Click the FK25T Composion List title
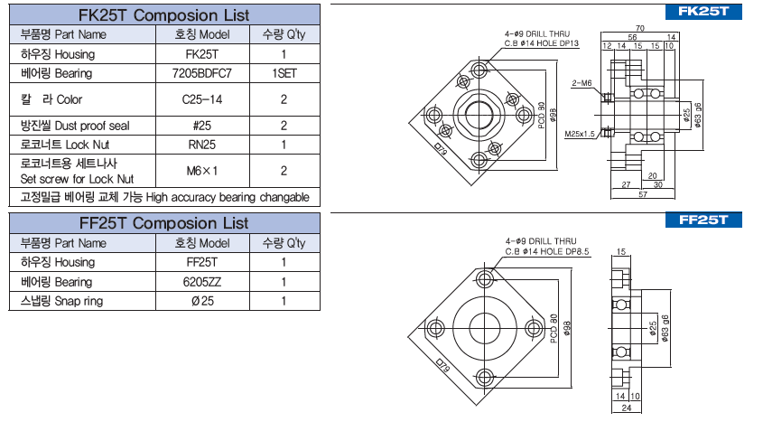pos(164,15)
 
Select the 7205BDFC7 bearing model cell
pos(202,72)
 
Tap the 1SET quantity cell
pos(284,72)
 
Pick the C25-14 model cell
pos(202,99)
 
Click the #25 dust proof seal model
pos(202,126)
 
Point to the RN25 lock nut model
pos(202,145)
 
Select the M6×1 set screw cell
pos(202,170)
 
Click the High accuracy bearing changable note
pos(164,197)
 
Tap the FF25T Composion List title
pos(164,223)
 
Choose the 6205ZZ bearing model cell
pos(202,281)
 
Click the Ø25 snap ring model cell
pos(202,300)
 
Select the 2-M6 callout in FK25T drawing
pos(582,83)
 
